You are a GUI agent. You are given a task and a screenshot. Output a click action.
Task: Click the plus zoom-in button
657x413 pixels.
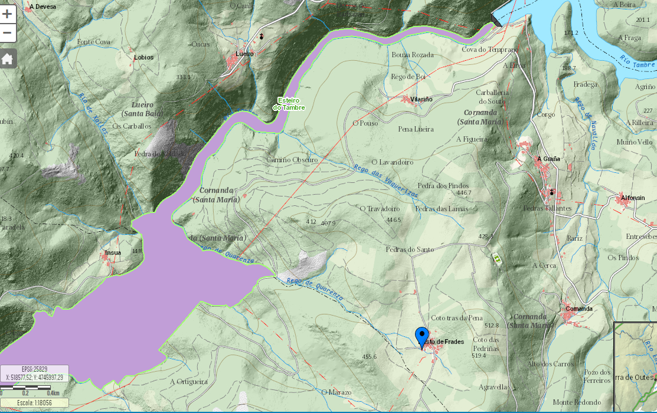[x=8, y=14]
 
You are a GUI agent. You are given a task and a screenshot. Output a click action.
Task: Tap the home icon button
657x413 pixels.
[x=8, y=58]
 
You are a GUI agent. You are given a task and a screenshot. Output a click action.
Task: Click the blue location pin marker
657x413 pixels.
[x=421, y=336]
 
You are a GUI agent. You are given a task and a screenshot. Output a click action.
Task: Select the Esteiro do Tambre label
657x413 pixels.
[x=289, y=104]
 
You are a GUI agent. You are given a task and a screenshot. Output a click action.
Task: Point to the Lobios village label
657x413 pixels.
[x=143, y=57]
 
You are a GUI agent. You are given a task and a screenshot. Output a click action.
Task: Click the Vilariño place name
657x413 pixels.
[x=421, y=99]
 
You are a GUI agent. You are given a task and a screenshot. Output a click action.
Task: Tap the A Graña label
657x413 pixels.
[x=548, y=159]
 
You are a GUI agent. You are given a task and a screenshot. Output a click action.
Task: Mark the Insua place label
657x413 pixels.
[x=113, y=253]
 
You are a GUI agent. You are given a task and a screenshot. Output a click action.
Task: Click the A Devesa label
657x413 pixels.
[x=41, y=6]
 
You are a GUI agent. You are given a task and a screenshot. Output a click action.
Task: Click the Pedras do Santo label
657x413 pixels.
[x=409, y=250]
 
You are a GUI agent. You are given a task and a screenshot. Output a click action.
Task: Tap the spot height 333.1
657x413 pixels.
[x=184, y=77]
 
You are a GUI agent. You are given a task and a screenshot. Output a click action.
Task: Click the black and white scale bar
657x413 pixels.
[x=30, y=388]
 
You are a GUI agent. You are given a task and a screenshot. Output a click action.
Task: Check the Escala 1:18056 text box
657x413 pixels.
[x=34, y=403]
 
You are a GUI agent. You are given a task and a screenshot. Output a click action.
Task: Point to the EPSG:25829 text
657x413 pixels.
[x=34, y=369]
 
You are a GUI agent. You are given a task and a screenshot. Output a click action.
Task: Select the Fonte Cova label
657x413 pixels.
[x=94, y=42]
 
